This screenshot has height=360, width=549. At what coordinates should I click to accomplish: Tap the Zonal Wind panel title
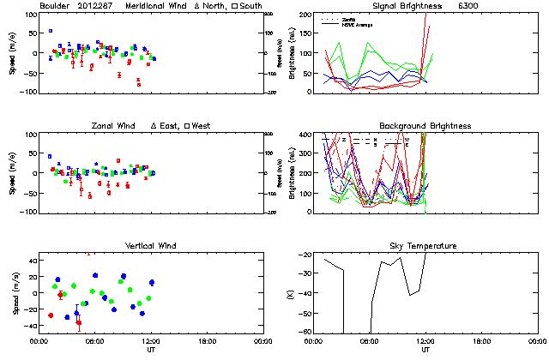[115, 126]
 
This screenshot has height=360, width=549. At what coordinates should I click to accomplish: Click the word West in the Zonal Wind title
[202, 126]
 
